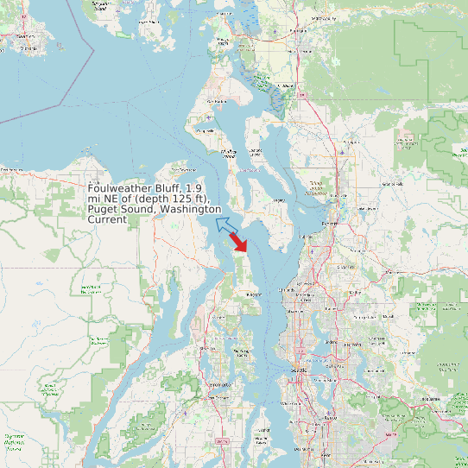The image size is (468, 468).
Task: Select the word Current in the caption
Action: (x=107, y=219)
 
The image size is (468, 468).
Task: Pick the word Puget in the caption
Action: (x=104, y=209)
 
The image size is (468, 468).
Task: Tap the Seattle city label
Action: (x=300, y=370)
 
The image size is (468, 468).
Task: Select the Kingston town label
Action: (x=253, y=294)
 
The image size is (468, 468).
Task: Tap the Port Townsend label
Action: (x=208, y=130)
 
